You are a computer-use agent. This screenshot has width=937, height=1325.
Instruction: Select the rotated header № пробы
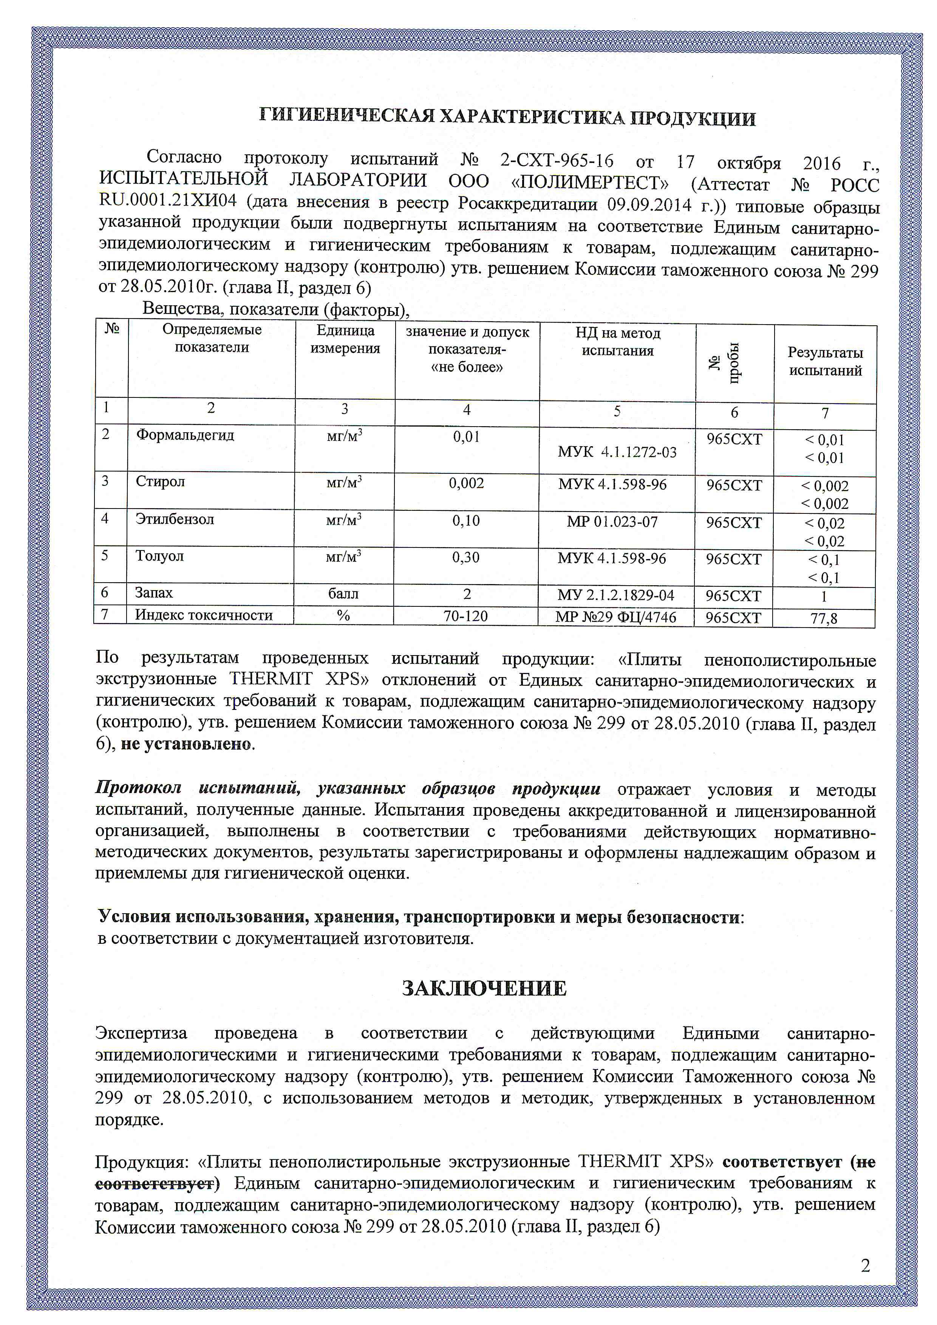733,362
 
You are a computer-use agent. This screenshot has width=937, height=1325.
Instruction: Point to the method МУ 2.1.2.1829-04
616,595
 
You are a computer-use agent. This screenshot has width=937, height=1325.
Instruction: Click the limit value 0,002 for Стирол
466,483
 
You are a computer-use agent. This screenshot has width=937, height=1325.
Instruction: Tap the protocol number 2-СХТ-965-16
557,161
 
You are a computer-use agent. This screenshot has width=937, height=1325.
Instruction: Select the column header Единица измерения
345,339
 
